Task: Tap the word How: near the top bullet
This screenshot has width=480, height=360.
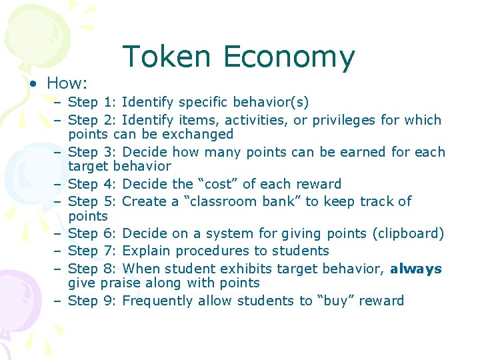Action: pos(68,83)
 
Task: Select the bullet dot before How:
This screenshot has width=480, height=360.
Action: pos(33,84)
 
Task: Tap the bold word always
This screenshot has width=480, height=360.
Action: pos(415,269)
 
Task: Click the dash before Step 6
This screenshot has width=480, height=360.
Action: pos(59,233)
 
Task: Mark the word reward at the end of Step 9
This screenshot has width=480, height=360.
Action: pos(382,301)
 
